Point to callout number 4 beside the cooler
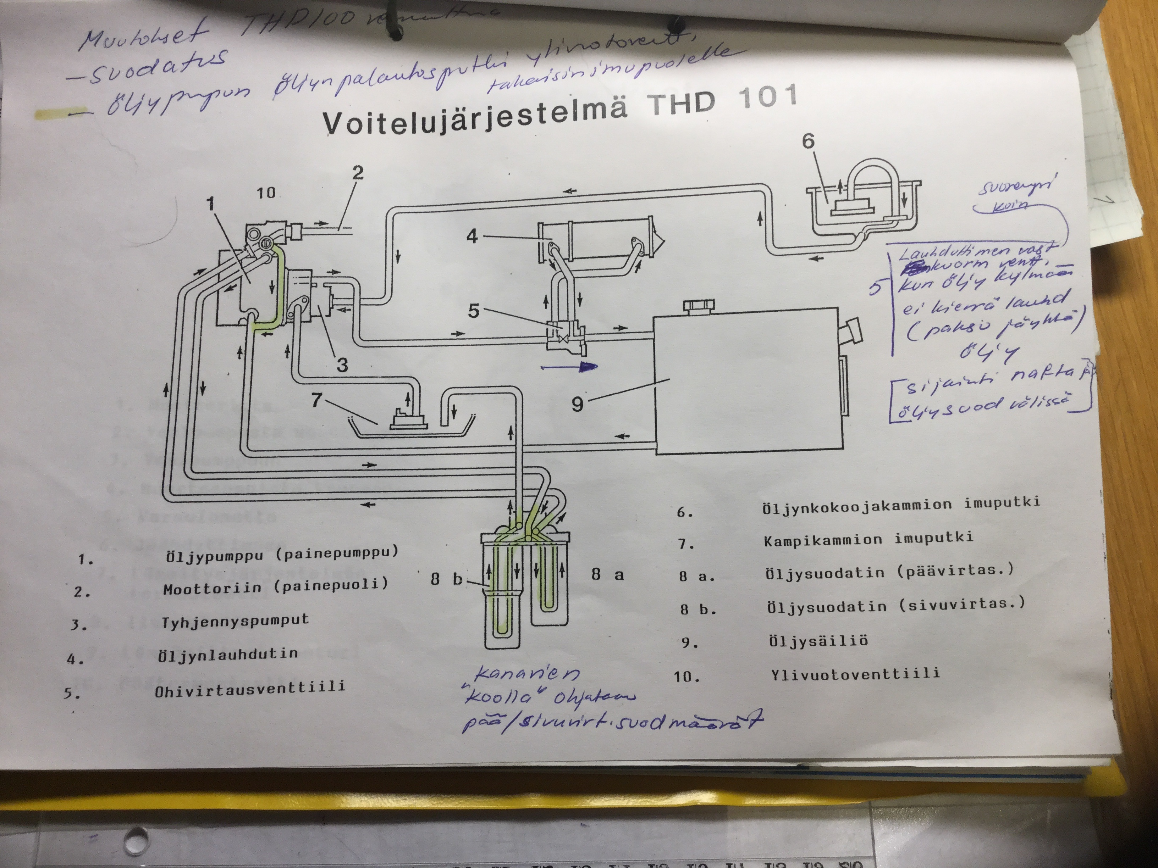coord(472,237)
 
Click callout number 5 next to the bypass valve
coord(473,311)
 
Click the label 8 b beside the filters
coord(447,579)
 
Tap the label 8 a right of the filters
coord(607,574)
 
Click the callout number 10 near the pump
coord(266,193)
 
